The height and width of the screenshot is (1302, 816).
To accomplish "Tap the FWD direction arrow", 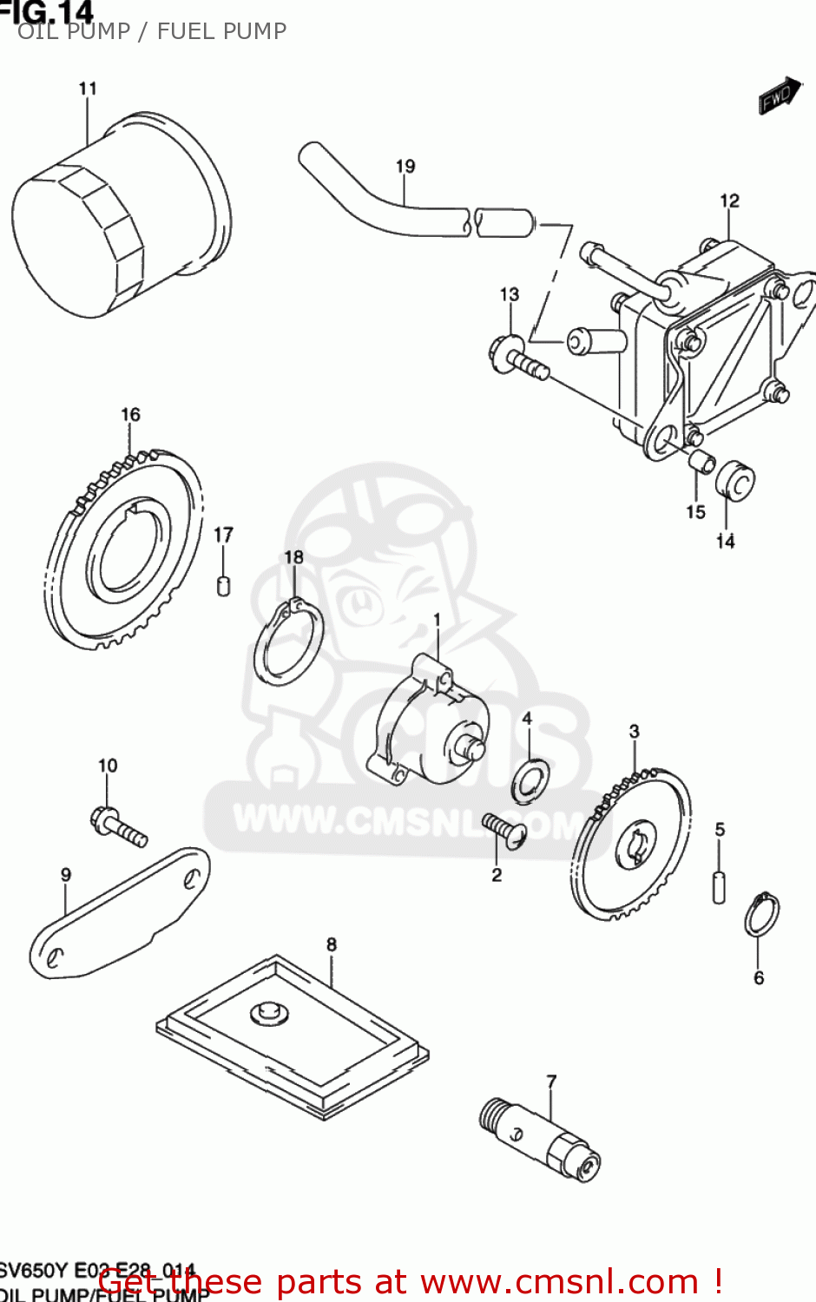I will click(778, 95).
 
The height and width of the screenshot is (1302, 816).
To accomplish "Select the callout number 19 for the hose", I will click(405, 166).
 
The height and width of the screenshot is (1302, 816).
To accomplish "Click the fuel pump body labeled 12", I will click(712, 347).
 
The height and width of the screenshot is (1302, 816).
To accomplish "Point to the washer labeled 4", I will click(530, 779).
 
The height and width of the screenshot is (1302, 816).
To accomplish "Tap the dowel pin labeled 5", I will click(719, 886).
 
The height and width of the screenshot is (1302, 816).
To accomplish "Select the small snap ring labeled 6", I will click(762, 914).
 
